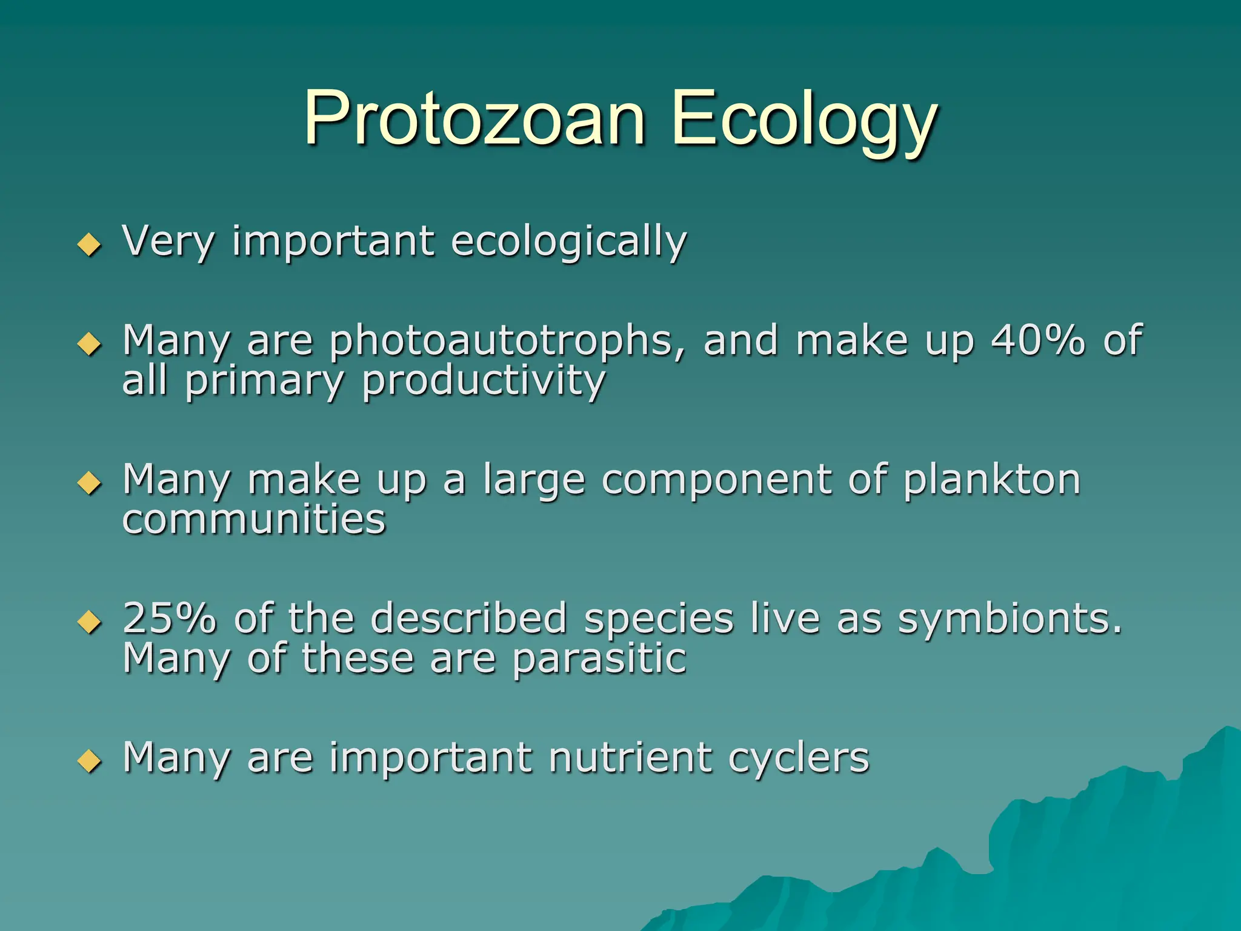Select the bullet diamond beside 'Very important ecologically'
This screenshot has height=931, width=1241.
[x=90, y=245]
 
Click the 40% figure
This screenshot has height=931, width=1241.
[x=1037, y=339]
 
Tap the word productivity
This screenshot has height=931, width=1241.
[x=484, y=382]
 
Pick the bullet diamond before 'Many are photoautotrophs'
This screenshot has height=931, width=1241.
[x=90, y=344]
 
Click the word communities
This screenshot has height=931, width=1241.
[x=254, y=519]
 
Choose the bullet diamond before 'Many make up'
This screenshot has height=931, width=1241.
[x=90, y=483]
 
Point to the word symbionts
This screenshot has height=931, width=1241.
[x=1010, y=619]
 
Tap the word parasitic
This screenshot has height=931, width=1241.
[x=599, y=659]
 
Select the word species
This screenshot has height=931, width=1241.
[x=659, y=619]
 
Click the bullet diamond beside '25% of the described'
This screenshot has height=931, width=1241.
[x=90, y=622]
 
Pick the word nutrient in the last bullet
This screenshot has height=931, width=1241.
[x=630, y=758]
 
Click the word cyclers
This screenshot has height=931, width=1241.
[x=799, y=759]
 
